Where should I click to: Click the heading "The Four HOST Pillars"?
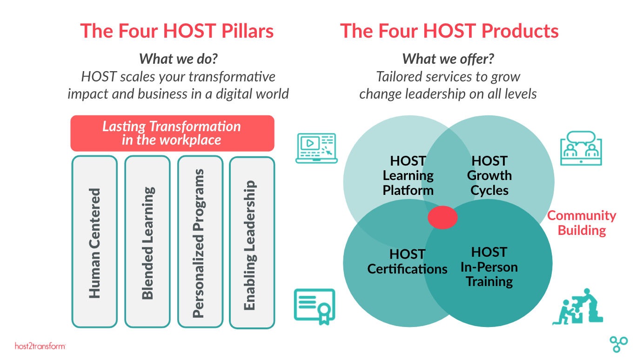click(177, 31)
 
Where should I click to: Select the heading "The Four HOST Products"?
click(449, 31)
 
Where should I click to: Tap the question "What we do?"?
click(178, 59)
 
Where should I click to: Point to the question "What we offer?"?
click(448, 59)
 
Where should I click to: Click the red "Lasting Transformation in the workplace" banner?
click(172, 133)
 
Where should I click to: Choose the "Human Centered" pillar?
click(94, 241)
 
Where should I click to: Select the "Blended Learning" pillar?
click(147, 241)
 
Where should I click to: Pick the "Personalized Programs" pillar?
click(201, 241)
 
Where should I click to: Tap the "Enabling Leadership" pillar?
click(252, 243)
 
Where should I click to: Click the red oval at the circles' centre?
click(442, 217)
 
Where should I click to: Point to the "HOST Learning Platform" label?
click(408, 175)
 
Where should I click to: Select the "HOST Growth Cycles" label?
click(489, 175)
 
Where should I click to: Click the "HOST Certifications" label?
click(407, 261)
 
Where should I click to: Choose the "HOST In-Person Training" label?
click(489, 267)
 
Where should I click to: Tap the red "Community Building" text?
click(582, 223)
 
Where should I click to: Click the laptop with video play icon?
click(316, 148)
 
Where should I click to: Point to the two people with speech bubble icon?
click(581, 148)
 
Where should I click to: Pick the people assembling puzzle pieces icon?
click(577, 307)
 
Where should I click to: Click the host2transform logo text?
click(40, 346)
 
